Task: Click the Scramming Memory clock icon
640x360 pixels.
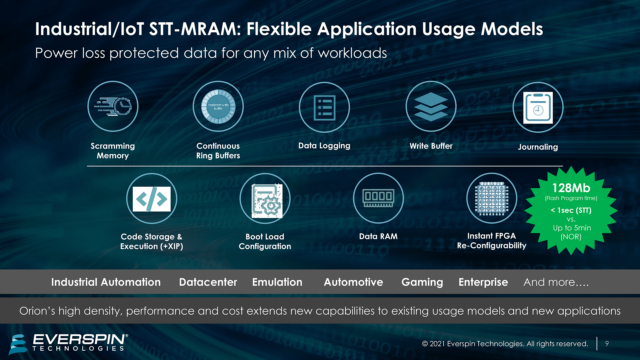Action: pyautogui.click(x=113, y=106)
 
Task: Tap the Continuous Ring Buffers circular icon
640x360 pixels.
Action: pyautogui.click(x=218, y=106)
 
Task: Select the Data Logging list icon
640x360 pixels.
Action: pyautogui.click(x=324, y=107)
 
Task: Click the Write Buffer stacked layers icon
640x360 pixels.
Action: pyautogui.click(x=431, y=106)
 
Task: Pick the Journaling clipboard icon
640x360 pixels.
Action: pyautogui.click(x=538, y=108)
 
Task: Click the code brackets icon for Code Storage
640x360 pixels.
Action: pyautogui.click(x=152, y=199)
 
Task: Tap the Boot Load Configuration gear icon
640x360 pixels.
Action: pyautogui.click(x=267, y=201)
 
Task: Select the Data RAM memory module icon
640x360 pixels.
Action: pyautogui.click(x=378, y=198)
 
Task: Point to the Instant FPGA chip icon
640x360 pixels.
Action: pyautogui.click(x=492, y=198)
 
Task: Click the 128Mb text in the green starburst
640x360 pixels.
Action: pyautogui.click(x=571, y=188)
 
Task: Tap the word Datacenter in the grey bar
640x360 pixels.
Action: pyautogui.click(x=208, y=282)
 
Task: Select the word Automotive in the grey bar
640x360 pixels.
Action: pyautogui.click(x=353, y=282)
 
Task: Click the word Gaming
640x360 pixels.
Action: pyautogui.click(x=422, y=282)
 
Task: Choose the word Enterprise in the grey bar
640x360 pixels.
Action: pyautogui.click(x=483, y=282)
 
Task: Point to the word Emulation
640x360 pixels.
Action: pyautogui.click(x=277, y=282)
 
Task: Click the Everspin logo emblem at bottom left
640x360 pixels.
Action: pyautogui.click(x=18, y=344)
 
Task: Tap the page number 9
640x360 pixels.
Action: pyautogui.click(x=607, y=344)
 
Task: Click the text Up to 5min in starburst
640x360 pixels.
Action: pyautogui.click(x=572, y=228)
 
